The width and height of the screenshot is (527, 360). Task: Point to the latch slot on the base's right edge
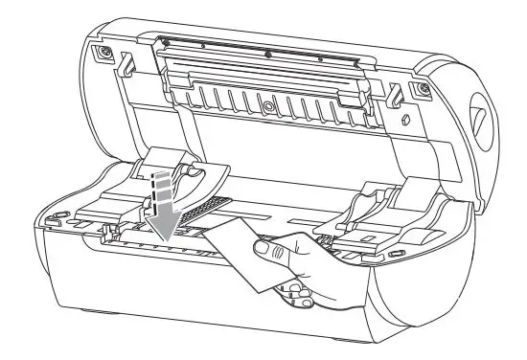click(394, 254)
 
